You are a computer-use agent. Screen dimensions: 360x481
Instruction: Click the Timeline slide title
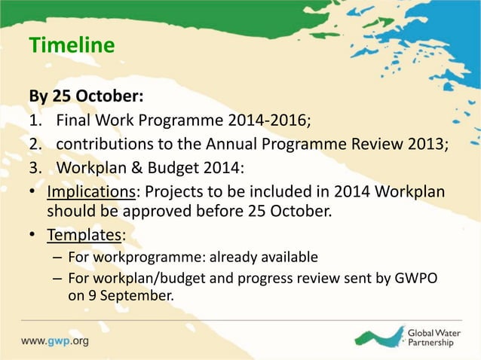click(72, 46)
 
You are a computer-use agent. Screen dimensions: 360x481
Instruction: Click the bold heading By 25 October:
click(86, 97)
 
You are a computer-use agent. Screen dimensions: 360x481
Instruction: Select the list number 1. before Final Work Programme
click(35, 119)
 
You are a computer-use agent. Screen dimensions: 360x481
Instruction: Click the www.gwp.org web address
click(54, 340)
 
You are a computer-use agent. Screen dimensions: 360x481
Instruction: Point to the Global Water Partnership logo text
click(435, 337)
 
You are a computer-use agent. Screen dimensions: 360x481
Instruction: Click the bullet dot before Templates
click(33, 236)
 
